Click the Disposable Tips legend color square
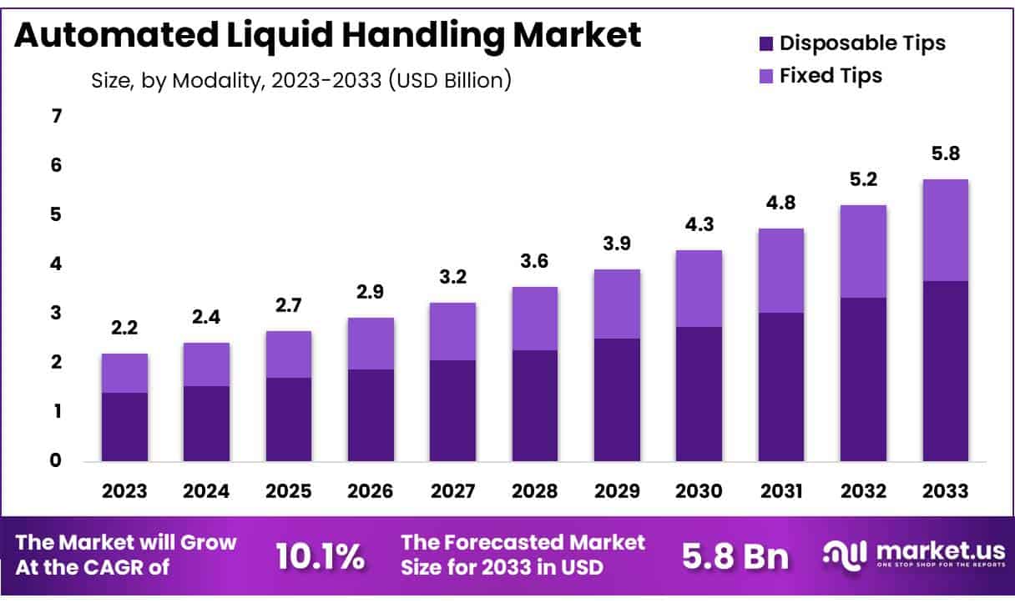(766, 43)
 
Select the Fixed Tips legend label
(831, 76)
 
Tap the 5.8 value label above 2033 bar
(945, 154)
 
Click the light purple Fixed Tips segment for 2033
(945, 230)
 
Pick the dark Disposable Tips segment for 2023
(124, 426)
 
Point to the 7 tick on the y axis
(57, 117)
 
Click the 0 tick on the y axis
(57, 461)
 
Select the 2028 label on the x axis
(535, 491)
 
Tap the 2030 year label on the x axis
(699, 491)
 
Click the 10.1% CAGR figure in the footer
(320, 556)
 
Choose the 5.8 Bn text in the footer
(735, 556)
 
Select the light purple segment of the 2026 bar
(371, 344)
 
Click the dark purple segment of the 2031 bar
(781, 386)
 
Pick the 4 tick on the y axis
(57, 264)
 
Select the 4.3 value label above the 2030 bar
(699, 225)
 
